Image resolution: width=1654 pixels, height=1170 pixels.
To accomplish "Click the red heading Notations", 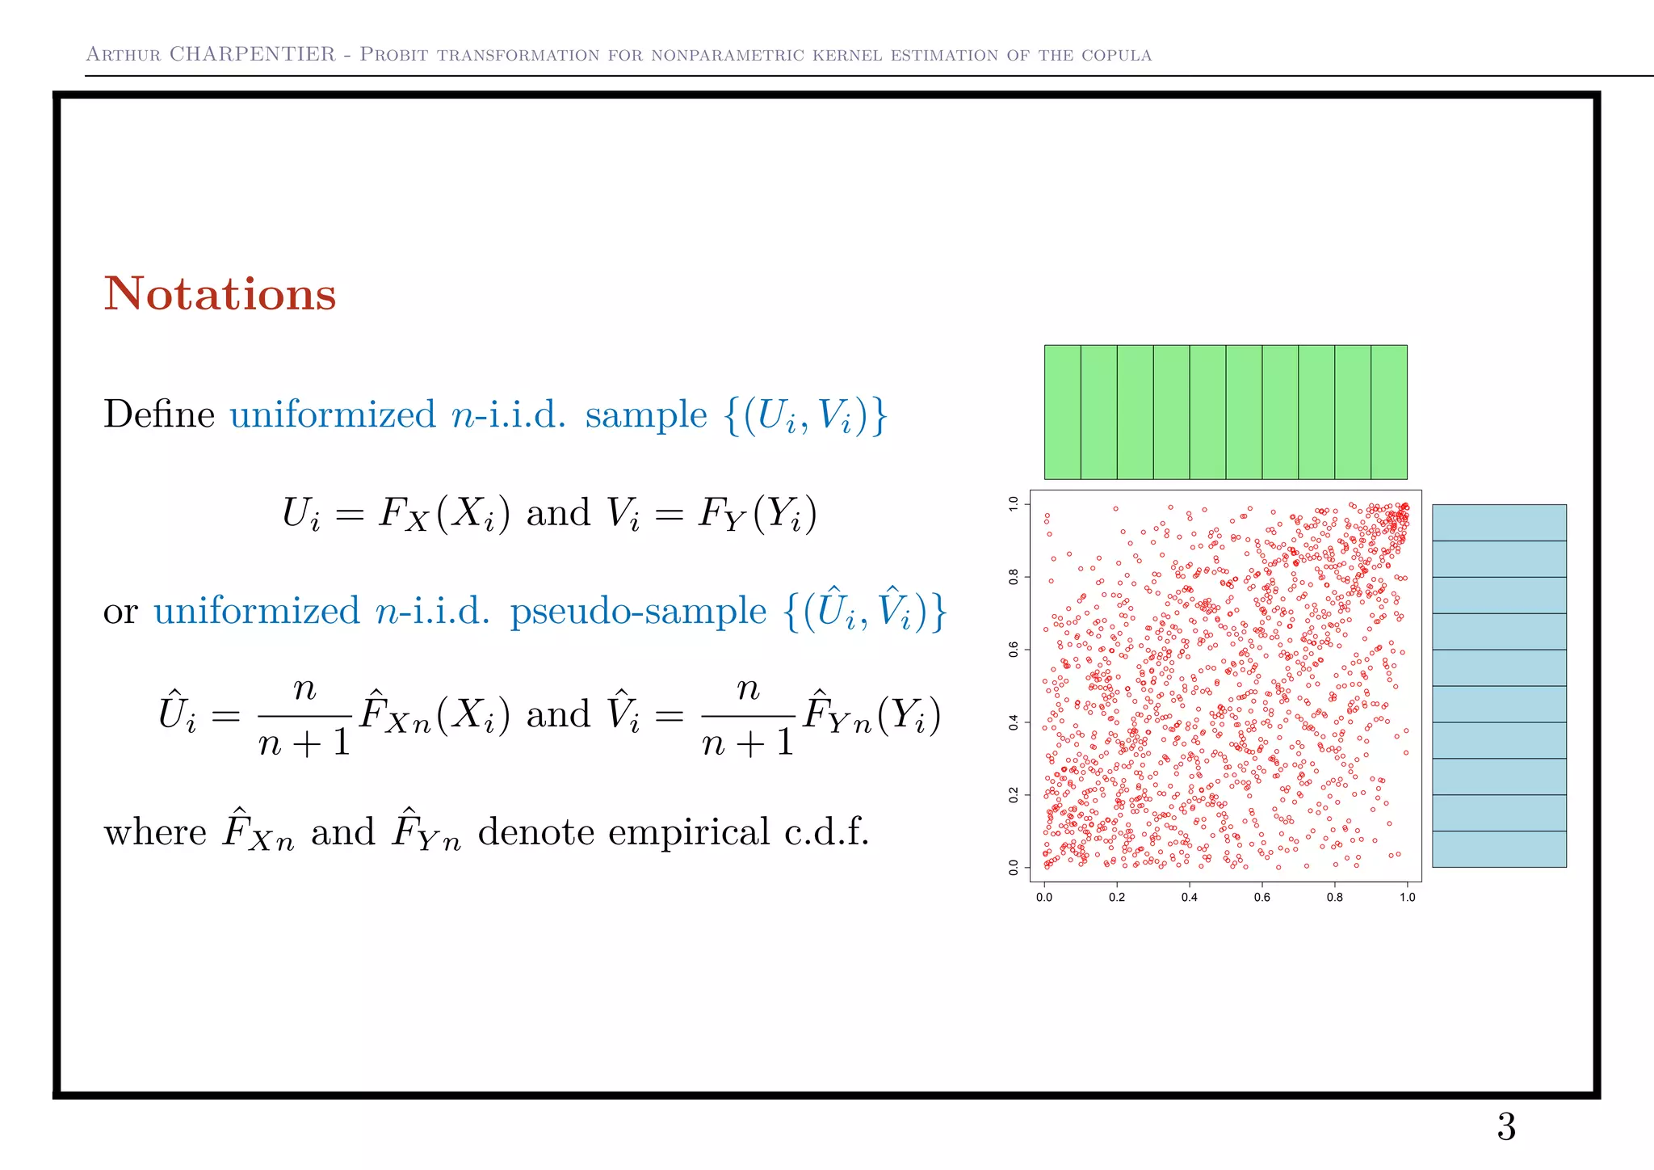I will pos(220,294).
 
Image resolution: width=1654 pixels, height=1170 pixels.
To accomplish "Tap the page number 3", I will pos(1505,1127).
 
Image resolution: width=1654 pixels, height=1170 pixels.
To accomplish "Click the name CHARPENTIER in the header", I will pos(252,54).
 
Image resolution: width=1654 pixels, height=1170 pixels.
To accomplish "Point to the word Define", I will pos(159,415).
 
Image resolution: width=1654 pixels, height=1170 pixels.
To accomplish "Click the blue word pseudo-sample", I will pos(637,611).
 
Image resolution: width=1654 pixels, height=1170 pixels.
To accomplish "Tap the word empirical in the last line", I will pos(689,832).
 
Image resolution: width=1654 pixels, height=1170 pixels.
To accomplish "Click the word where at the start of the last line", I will pos(155,832).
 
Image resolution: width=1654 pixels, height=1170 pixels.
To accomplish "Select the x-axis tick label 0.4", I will pos(1189,897).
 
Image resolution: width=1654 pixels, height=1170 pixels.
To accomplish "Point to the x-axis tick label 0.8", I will pos(1335,897).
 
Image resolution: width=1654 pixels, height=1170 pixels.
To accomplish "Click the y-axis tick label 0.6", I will pos(1014,649).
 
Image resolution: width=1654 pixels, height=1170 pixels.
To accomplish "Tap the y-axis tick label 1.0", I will pos(1014,504).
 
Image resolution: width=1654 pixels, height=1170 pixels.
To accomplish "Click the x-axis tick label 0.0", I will pos(1044,897).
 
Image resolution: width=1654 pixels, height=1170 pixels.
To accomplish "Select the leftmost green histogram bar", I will pos(1062,412).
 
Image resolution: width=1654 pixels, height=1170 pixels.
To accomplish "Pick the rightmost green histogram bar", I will pos(1389,412).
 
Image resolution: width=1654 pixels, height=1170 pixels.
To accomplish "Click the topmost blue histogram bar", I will pos(1499,523).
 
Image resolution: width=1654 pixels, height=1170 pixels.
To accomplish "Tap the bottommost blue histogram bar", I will pos(1499,849).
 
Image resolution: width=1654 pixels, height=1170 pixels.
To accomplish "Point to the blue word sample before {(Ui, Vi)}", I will pos(645,415).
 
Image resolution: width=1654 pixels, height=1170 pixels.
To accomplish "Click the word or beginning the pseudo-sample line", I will pos(120,612).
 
